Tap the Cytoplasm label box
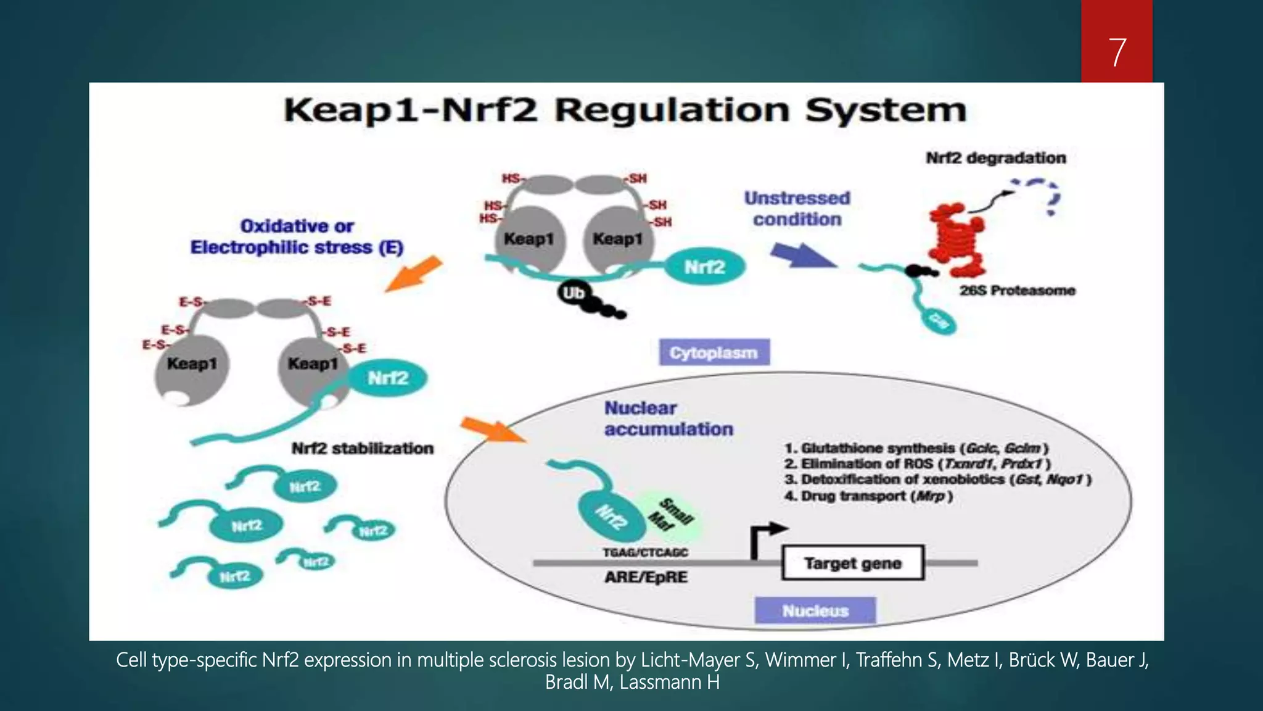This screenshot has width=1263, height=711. point(714,353)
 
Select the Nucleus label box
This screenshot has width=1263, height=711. point(815,610)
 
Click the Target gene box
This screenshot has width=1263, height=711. point(852,563)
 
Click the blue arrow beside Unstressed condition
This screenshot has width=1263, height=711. point(802,255)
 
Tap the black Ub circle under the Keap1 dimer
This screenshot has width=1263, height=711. point(573,293)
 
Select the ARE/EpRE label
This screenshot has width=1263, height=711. point(646,578)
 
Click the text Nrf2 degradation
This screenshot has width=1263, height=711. point(995,158)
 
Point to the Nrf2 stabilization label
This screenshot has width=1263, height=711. point(362,449)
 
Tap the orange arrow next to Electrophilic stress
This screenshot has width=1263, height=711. point(414,273)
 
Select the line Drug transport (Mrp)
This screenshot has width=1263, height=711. point(868,496)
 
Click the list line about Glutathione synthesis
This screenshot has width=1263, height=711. point(916,448)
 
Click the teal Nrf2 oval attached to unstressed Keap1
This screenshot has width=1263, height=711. point(704,267)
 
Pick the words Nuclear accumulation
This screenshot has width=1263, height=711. point(668,418)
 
